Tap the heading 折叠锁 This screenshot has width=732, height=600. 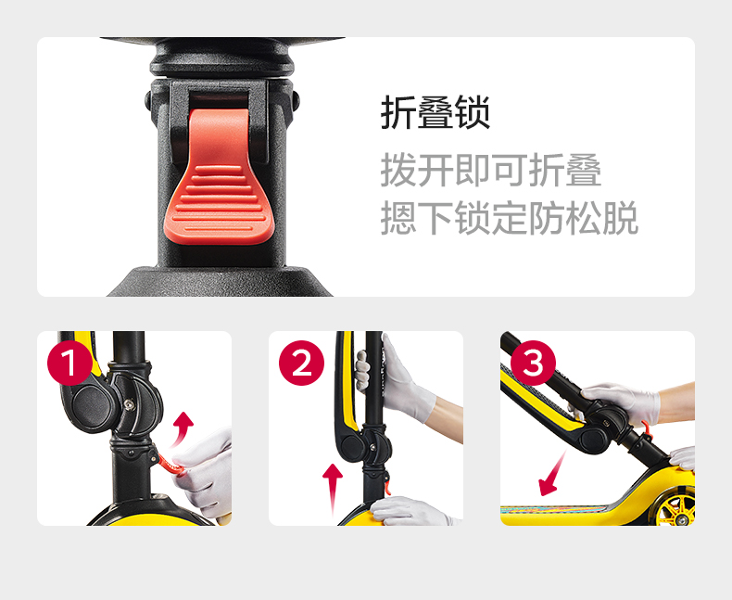pyautogui.click(x=435, y=112)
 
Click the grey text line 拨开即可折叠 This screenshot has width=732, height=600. pyautogui.click(x=491, y=170)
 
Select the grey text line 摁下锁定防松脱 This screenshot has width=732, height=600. pyautogui.click(x=509, y=218)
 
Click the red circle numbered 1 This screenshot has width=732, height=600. pyautogui.click(x=69, y=363)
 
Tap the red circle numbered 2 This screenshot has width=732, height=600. pyautogui.click(x=301, y=363)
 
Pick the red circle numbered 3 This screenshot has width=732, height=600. pyautogui.click(x=533, y=363)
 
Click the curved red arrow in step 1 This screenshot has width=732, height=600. pyautogui.click(x=181, y=429)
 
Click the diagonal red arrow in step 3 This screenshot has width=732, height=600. pyautogui.click(x=552, y=473)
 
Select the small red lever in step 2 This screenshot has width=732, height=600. pyautogui.click(x=387, y=484)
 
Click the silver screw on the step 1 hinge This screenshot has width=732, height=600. pyautogui.click(x=129, y=402)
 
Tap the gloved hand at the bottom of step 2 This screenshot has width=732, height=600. pyautogui.click(x=410, y=511)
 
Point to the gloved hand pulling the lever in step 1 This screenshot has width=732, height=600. pyautogui.click(x=206, y=472)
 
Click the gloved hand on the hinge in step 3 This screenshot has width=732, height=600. pyautogui.click(x=621, y=402)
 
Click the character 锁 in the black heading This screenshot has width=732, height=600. pyautogui.click(x=473, y=112)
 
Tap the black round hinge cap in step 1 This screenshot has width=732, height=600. pyautogui.click(x=92, y=402)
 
